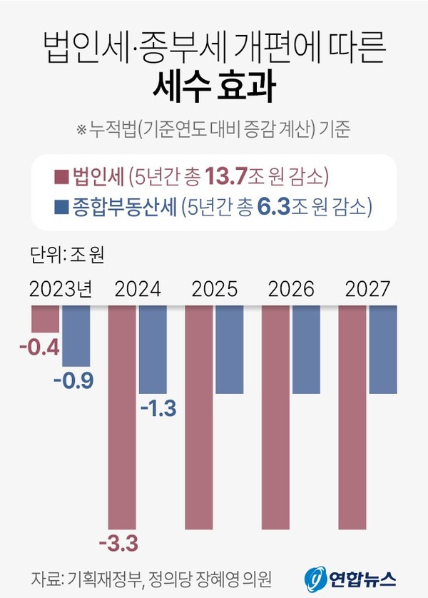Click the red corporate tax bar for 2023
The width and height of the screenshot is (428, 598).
[x=45, y=319]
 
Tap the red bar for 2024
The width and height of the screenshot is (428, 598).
[x=123, y=417]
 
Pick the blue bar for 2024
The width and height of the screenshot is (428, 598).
[x=153, y=349]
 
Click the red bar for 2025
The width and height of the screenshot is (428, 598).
[x=199, y=417]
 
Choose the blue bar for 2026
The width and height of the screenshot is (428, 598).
[x=306, y=349]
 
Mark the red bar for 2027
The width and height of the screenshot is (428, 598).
[x=352, y=417]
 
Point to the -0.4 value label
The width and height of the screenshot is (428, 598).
[x=39, y=350]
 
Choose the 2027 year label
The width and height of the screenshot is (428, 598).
[x=367, y=289]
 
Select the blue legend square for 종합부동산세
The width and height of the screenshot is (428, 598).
[x=61, y=208]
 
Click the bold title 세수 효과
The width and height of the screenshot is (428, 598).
[x=213, y=86]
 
